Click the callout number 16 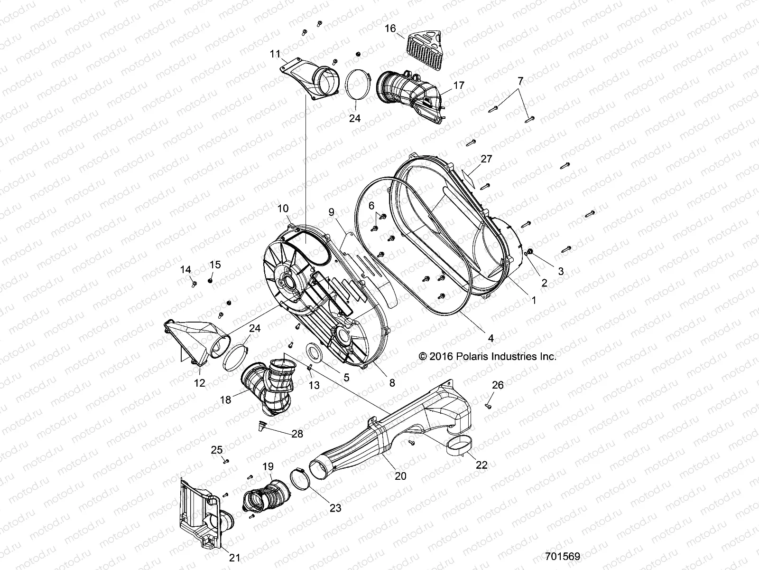[x=390, y=28]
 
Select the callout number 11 [x=276, y=54]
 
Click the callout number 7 [x=520, y=81]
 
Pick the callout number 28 [x=297, y=434]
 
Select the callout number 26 [x=497, y=385]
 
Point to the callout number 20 [x=401, y=476]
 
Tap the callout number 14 [x=185, y=270]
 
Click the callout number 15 [x=215, y=265]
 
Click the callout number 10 [x=296, y=209]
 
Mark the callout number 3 [x=560, y=271]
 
